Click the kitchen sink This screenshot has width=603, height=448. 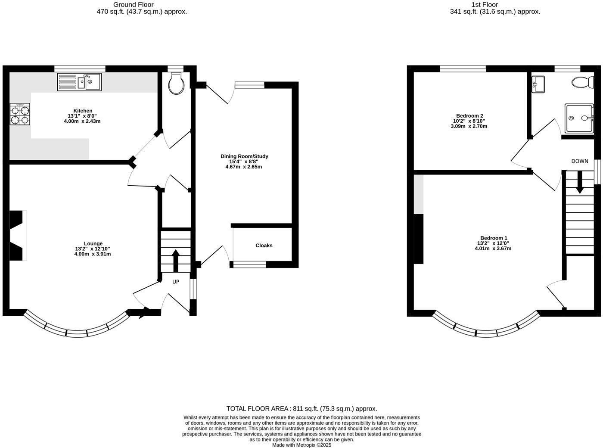[x=80, y=82]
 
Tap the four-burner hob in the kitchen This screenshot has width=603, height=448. [x=20, y=115]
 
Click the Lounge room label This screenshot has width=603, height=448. [x=93, y=243]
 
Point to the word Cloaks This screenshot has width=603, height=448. [x=264, y=246]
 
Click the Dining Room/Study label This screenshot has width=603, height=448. [x=244, y=156]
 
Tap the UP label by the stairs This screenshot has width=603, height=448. [x=176, y=282]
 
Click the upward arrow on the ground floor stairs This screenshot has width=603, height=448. [x=176, y=260]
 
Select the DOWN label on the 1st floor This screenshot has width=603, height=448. [x=580, y=161]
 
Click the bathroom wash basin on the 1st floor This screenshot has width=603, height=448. [x=538, y=84]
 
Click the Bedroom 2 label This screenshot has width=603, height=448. [x=469, y=116]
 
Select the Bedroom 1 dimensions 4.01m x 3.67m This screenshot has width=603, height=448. [x=493, y=249]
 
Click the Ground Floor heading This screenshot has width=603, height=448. [x=134, y=5]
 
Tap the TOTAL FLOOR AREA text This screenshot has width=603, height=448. [x=301, y=409]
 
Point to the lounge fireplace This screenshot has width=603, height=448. [x=18, y=235]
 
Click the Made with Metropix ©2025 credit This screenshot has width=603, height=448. [x=301, y=445]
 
